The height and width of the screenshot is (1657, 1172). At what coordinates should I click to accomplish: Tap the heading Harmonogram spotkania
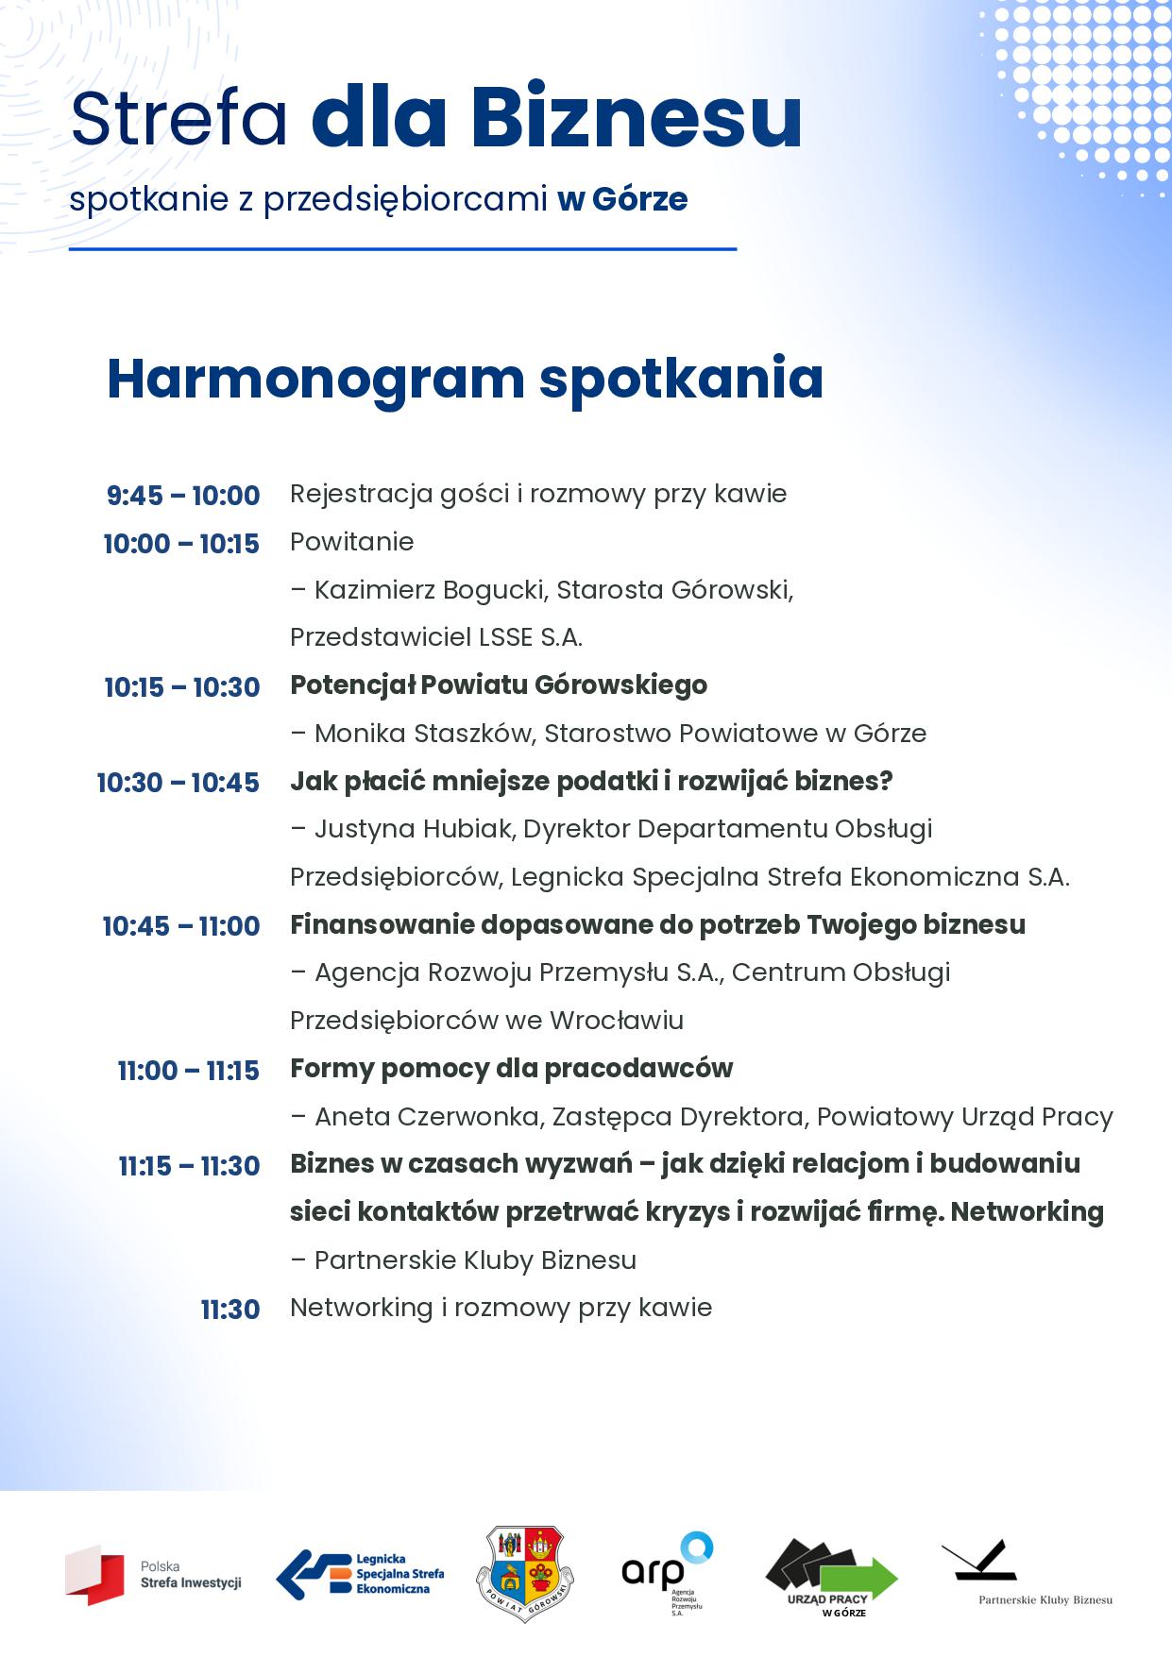pos(465,378)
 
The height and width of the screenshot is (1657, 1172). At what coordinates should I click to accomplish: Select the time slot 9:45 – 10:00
pos(183,495)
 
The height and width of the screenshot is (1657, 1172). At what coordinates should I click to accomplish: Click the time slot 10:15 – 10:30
pos(182,686)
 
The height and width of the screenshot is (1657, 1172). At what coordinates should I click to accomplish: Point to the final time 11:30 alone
pos(229,1310)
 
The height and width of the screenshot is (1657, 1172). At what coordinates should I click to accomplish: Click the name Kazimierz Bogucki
pos(431,590)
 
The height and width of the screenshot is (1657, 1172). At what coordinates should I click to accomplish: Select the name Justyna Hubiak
pos(414,829)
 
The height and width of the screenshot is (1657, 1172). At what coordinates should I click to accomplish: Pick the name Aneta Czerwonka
pos(427,1117)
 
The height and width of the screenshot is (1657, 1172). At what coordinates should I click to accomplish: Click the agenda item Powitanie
pos(351,542)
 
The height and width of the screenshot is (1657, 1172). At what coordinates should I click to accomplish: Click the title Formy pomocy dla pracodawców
pos(511,1069)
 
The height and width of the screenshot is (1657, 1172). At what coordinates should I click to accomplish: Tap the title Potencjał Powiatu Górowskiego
pos(498,685)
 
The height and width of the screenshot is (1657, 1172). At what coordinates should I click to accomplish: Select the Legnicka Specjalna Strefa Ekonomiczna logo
pos(360,1575)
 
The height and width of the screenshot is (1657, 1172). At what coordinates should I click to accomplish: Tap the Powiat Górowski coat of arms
pos(526,1575)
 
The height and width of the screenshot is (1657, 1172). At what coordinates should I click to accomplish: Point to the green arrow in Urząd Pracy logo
pos(858,1577)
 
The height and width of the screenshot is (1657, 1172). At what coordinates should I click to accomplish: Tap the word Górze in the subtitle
pos(639,200)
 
